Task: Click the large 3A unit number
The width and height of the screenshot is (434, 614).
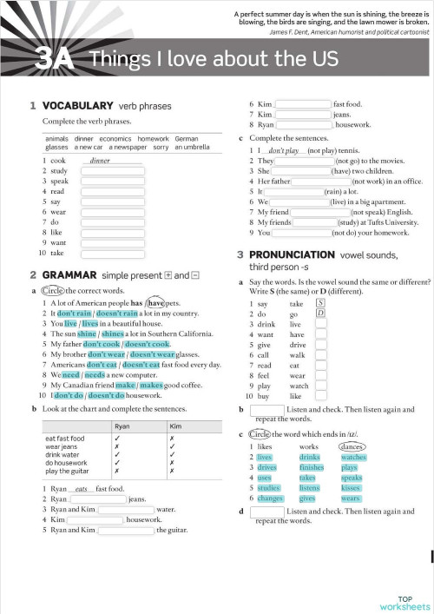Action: (54, 60)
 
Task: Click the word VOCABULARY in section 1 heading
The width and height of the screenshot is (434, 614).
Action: (78, 105)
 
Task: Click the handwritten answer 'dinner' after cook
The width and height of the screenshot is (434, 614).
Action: (100, 161)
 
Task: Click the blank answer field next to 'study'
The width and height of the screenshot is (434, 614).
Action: (112, 171)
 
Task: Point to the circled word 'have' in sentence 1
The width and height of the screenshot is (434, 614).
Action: (156, 302)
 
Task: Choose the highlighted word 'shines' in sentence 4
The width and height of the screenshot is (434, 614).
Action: (113, 333)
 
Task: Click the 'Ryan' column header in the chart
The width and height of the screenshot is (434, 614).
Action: (122, 426)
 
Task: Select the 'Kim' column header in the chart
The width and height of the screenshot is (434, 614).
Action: (176, 426)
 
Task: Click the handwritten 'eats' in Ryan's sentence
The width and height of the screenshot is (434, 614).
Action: (83, 489)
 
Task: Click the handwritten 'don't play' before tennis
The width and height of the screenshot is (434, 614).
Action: (283, 150)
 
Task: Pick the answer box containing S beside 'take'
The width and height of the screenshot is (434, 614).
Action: (320, 303)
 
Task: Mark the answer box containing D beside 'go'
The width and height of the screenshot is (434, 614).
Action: (320, 314)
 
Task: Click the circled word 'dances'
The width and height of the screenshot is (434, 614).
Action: (352, 446)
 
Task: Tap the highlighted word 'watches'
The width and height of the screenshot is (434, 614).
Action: (353, 457)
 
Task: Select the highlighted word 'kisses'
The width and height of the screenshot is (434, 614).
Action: (351, 488)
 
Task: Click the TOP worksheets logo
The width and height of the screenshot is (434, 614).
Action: (404, 603)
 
